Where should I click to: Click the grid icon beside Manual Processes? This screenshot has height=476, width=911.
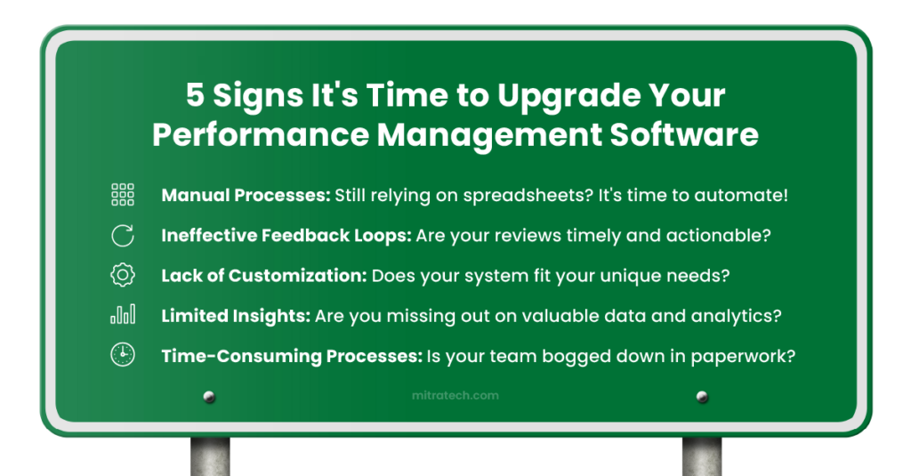click(122, 195)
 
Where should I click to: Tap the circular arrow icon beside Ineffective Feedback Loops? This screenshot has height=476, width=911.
click(122, 236)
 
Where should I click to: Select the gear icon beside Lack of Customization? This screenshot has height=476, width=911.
click(122, 275)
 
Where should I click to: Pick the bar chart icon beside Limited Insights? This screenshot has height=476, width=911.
click(122, 315)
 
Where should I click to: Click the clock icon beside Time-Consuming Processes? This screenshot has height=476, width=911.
click(122, 355)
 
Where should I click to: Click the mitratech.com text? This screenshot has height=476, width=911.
click(455, 396)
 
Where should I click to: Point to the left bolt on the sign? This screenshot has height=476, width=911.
click(210, 397)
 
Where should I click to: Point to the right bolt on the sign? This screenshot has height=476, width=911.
click(702, 397)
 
